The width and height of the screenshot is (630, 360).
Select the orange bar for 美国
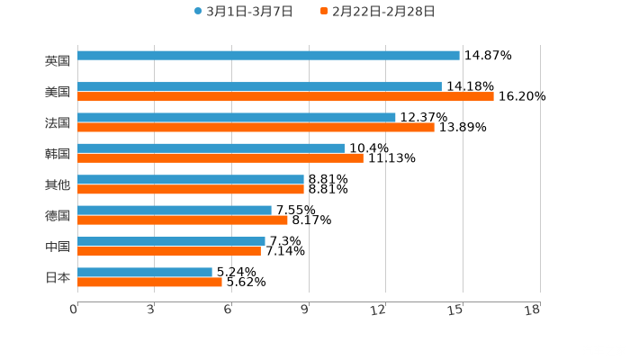pos(285,96)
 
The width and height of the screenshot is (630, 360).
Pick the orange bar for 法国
pos(256,127)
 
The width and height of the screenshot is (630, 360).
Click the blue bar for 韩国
pos(211,148)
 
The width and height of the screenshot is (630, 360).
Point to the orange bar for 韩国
pos(220,157)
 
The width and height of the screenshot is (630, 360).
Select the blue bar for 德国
pos(175,210)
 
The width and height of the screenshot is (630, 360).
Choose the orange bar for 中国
pos(169,251)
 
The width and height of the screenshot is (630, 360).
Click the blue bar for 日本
pos(145,272)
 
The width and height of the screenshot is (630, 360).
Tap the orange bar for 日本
pos(149,282)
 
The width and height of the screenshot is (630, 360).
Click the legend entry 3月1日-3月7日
pos(243,12)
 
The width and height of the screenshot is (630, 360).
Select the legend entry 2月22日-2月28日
pos(377,12)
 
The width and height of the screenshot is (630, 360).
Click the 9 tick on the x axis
pos(305,310)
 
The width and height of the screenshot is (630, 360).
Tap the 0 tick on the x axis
pos(74,310)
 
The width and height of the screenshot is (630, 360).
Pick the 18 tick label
pos(533,310)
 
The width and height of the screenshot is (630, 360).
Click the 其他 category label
pos(58,184)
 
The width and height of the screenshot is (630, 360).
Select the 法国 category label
pos(58,122)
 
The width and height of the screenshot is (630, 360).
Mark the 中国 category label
pos(58,247)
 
